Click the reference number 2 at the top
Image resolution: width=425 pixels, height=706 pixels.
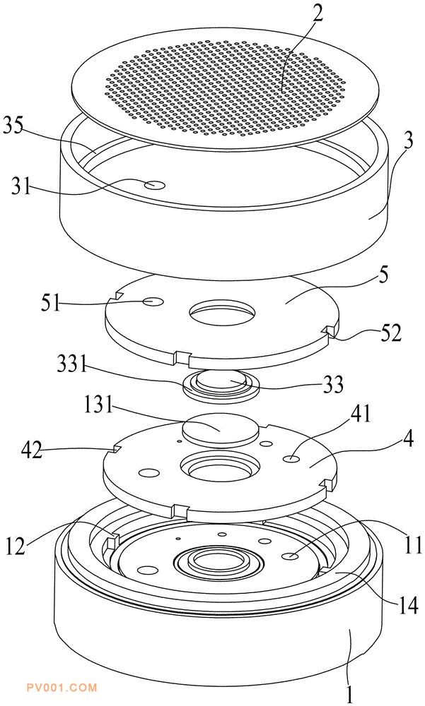[x=318, y=15]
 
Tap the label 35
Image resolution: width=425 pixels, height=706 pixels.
[x=13, y=127]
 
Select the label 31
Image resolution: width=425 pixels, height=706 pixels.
[x=22, y=186]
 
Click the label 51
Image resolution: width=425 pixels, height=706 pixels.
[x=50, y=303]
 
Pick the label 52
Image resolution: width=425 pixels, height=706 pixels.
[x=390, y=333]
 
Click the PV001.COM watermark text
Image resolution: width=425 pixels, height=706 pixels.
[x=62, y=688]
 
